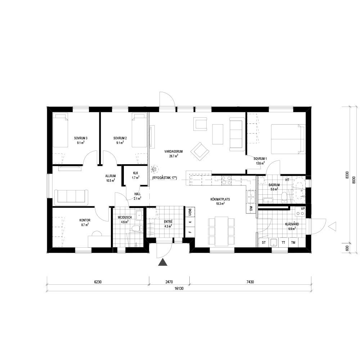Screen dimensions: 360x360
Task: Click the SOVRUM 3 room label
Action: click(x=81, y=138)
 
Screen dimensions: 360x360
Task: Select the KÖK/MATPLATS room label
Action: click(x=220, y=199)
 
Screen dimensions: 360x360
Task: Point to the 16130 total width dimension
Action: click(x=179, y=289)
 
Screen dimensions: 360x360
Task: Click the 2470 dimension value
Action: click(x=169, y=282)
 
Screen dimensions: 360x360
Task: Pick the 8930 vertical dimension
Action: click(x=354, y=175)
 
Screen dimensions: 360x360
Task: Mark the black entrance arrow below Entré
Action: click(x=163, y=262)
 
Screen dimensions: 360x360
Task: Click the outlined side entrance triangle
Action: click(x=332, y=226)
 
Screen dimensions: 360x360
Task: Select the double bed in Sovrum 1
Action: click(x=288, y=139)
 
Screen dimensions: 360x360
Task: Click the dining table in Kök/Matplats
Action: click(x=221, y=231)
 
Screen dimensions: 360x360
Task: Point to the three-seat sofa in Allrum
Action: click(x=71, y=197)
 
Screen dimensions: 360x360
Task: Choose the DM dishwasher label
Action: click(x=251, y=208)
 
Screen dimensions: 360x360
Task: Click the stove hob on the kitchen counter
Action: click(x=226, y=180)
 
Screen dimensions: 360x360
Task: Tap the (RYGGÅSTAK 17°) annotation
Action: click(x=165, y=178)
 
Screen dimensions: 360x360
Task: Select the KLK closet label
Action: click(x=136, y=173)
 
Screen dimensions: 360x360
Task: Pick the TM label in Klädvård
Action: click(x=293, y=242)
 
